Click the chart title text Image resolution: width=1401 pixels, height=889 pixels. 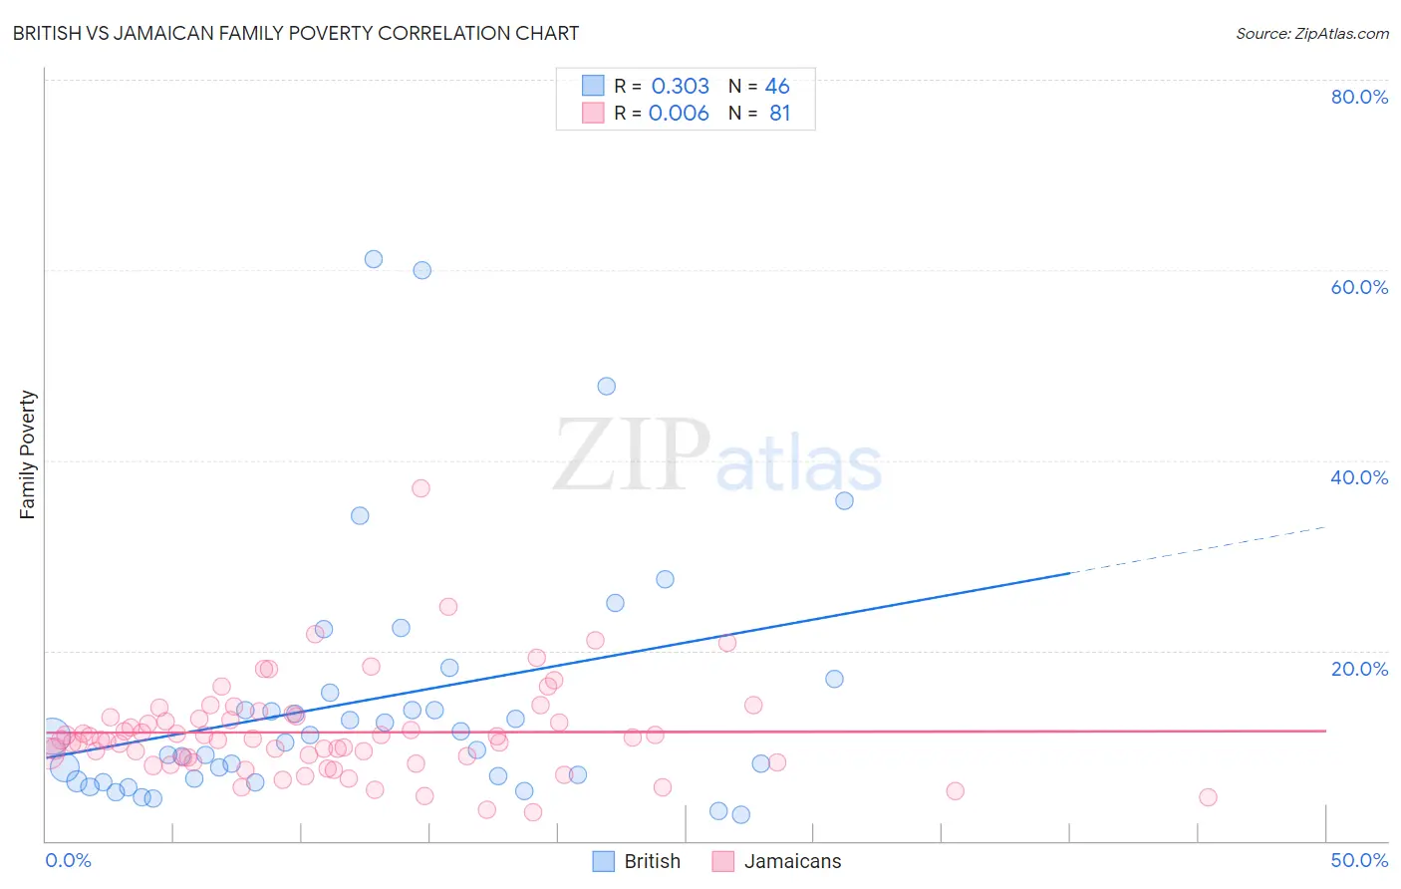pos(296,33)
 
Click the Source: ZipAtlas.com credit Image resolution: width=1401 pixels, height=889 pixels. pos(1311,33)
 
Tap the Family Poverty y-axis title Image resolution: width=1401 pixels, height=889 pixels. pos(28,454)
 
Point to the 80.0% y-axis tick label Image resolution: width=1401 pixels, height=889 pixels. pos(1359,97)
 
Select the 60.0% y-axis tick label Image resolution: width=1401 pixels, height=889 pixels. pos(1359,287)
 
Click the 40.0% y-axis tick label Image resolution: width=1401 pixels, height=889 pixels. pos(1359,477)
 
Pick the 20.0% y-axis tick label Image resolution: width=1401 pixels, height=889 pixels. pos(1359,668)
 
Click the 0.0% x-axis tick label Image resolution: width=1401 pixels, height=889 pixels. pos(68,860)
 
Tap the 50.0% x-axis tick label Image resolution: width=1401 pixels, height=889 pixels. pos(1359,860)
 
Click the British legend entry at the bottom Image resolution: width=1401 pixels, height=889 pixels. pos(637,861)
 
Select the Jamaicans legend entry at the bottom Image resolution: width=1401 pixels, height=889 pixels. pos(777,861)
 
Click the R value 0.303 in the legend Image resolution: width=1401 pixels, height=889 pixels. pos(680,87)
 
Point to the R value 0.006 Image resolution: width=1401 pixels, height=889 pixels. pos(679,114)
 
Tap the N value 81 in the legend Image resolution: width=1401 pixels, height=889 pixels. pos(779,114)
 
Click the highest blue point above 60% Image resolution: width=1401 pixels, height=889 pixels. pos(374,259)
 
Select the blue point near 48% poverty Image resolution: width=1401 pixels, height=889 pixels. pos(606,386)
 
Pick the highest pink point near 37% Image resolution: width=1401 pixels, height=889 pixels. pos(420,488)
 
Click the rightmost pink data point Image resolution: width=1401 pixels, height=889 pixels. pos(1208,797)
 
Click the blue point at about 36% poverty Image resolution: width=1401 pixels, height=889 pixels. pos(844,500)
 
